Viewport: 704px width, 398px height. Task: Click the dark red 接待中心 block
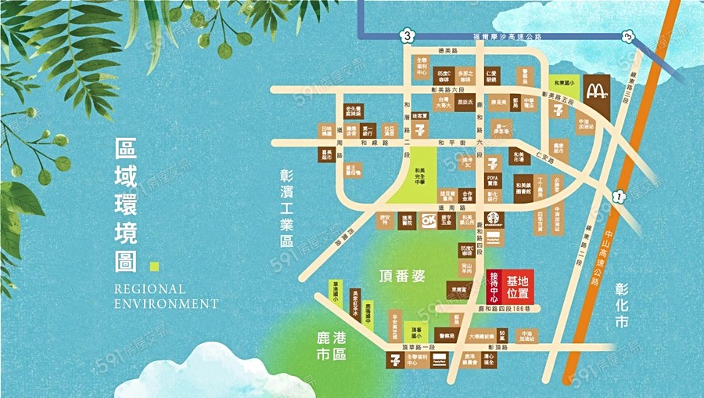coord(494,288)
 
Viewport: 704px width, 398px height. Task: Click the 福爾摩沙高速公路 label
coord(512,36)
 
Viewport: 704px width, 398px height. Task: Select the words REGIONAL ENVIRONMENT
coord(166,295)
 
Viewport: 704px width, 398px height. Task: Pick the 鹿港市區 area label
coord(331,346)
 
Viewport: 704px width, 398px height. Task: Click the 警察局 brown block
coord(447,334)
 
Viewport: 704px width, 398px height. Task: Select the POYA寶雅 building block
coord(493,183)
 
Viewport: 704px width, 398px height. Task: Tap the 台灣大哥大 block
coord(444,103)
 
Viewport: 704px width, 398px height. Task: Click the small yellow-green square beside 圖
coord(154,265)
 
